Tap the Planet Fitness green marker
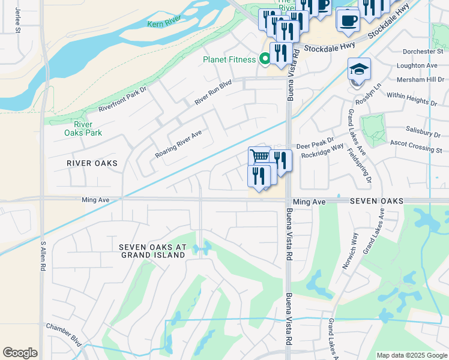coord(264,59)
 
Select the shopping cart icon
coord(259,157)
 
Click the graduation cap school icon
coord(359,69)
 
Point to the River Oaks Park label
coord(83,128)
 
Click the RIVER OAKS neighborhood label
coord(92,163)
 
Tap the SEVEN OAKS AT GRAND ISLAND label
coord(152,251)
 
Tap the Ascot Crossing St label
coord(416,146)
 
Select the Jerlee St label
coord(18,21)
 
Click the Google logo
coord(20,353)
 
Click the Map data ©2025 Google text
coord(411,355)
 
